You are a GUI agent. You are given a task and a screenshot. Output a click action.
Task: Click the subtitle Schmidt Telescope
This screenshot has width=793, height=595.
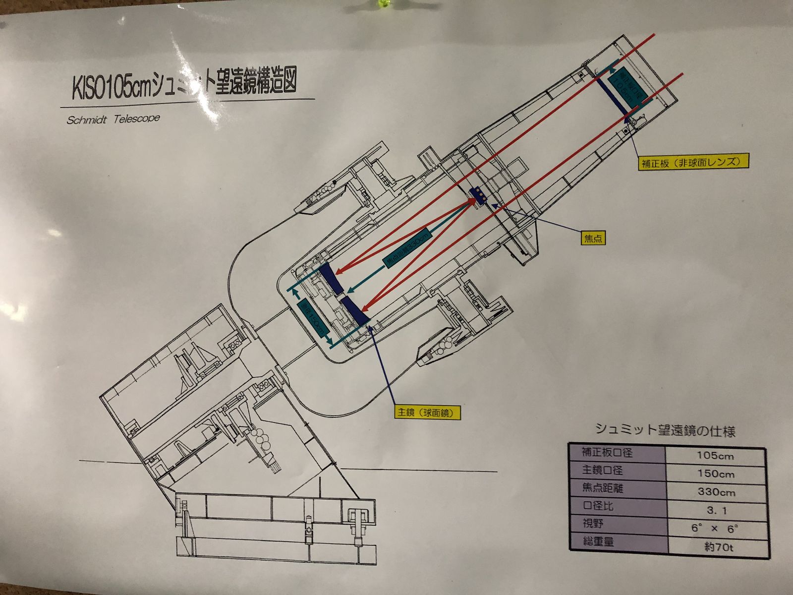pos(113,119)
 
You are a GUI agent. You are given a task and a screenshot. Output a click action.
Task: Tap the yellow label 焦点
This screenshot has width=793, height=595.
pos(593,238)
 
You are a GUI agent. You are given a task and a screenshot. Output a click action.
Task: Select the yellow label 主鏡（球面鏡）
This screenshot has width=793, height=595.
pos(426,412)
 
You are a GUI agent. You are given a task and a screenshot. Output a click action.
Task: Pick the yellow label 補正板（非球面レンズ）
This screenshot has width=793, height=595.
pos(693,162)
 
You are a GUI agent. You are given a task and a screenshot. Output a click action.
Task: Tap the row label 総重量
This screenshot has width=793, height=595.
pos(598,541)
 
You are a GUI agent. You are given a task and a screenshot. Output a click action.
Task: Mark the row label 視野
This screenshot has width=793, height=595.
pos(593,523)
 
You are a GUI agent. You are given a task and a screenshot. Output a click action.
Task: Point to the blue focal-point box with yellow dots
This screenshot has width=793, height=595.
pos(479,194)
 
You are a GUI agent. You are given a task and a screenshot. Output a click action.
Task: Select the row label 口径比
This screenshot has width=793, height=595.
pos(598,506)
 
